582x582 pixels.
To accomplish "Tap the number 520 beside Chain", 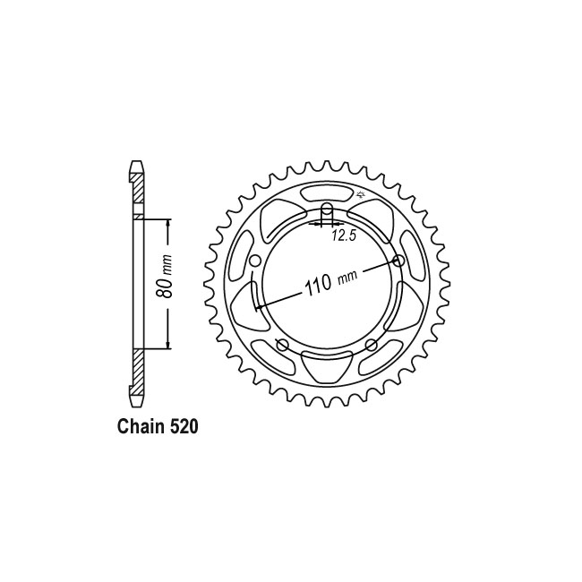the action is click(184, 427).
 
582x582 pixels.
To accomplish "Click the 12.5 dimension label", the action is click(344, 235).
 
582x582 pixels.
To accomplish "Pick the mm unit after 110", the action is click(347, 276).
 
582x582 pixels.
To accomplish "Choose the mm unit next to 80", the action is click(167, 264).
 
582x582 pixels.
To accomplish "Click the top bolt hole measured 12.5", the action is click(327, 210).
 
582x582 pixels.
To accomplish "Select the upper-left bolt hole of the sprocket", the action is click(254, 261).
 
